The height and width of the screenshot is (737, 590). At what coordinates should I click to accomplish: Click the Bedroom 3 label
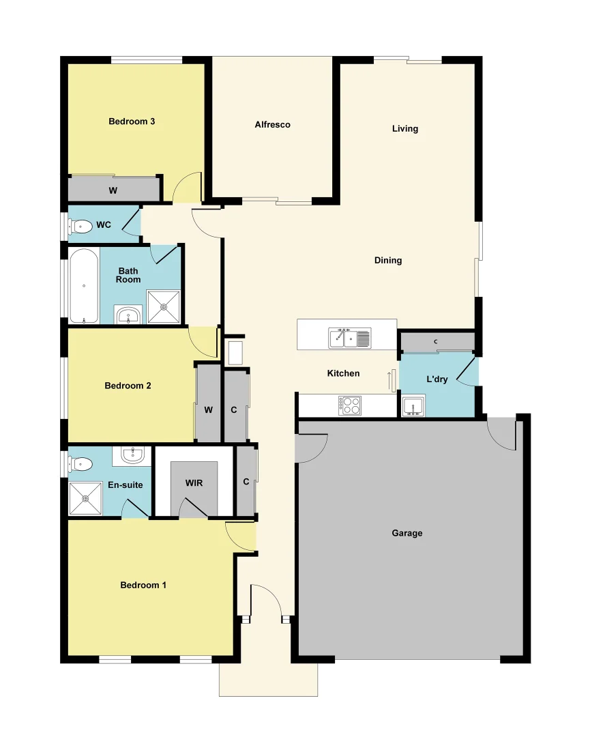132,121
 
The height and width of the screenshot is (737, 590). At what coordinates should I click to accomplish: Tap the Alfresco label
272,125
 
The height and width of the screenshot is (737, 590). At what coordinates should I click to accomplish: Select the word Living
405,128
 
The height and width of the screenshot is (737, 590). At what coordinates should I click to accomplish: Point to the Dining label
388,260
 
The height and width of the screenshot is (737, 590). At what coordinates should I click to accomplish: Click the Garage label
407,533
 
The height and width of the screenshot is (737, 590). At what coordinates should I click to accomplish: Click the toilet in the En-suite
81,464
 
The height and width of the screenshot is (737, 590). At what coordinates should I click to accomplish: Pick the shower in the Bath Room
164,307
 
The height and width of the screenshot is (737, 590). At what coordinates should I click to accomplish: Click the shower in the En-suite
86,498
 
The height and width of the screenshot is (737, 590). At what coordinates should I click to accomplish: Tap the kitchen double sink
350,337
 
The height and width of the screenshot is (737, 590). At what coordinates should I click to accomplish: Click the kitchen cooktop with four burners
351,405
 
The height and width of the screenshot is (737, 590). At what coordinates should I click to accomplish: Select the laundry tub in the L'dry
412,407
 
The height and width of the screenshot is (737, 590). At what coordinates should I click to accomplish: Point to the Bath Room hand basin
128,315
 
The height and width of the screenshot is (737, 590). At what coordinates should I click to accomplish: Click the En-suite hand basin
134,454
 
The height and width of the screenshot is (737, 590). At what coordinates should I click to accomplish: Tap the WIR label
194,483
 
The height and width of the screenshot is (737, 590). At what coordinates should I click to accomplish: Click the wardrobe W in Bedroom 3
113,190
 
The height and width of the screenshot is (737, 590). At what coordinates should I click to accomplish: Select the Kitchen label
343,373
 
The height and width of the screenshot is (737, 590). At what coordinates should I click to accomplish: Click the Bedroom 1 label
143,585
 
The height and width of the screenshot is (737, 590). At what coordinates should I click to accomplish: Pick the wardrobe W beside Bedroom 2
209,409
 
